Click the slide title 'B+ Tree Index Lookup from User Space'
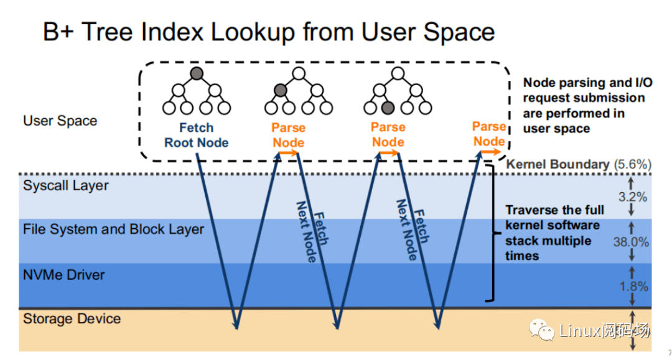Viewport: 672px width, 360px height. pyautogui.click(x=269, y=32)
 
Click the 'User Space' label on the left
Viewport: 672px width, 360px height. pyautogui.click(x=60, y=121)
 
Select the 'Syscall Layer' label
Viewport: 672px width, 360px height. pyautogui.click(x=65, y=185)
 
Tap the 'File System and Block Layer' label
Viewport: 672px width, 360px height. pyautogui.click(x=113, y=229)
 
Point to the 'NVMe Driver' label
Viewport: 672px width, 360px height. pyautogui.click(x=63, y=275)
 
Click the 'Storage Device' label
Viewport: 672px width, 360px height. pyautogui.click(x=72, y=319)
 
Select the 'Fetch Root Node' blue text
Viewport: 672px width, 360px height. pyautogui.click(x=196, y=135)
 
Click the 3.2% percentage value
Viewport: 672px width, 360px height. pyautogui.click(x=634, y=198)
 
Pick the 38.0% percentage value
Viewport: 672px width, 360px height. pyautogui.click(x=631, y=242)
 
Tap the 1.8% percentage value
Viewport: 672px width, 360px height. pyautogui.click(x=634, y=287)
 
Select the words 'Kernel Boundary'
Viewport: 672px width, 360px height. pyautogui.click(x=558, y=164)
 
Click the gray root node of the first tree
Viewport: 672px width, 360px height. pyautogui.click(x=197, y=74)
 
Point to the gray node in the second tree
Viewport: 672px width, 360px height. pyautogui.click(x=281, y=91)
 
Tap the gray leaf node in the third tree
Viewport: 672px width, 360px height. pyautogui.click(x=388, y=108)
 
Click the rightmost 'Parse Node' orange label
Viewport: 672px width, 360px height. pyautogui.click(x=488, y=134)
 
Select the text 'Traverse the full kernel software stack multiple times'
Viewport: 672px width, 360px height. pyautogui.click(x=553, y=233)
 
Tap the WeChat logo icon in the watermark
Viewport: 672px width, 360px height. pyautogui.click(x=541, y=330)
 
